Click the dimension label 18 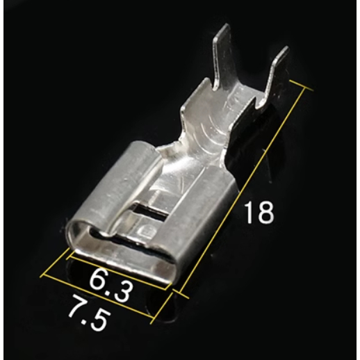pos(259,212)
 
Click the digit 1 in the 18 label pos(249,212)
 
